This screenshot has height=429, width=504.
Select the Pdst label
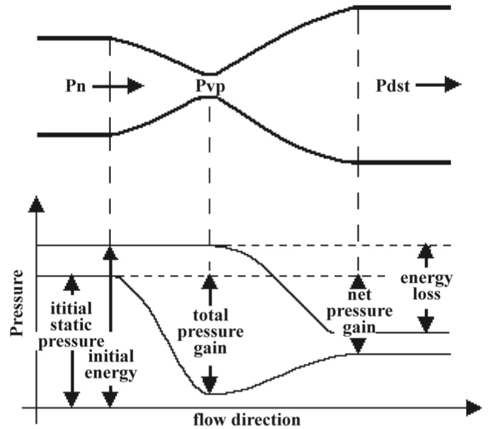click(x=392, y=86)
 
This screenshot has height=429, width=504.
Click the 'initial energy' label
click(x=111, y=365)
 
